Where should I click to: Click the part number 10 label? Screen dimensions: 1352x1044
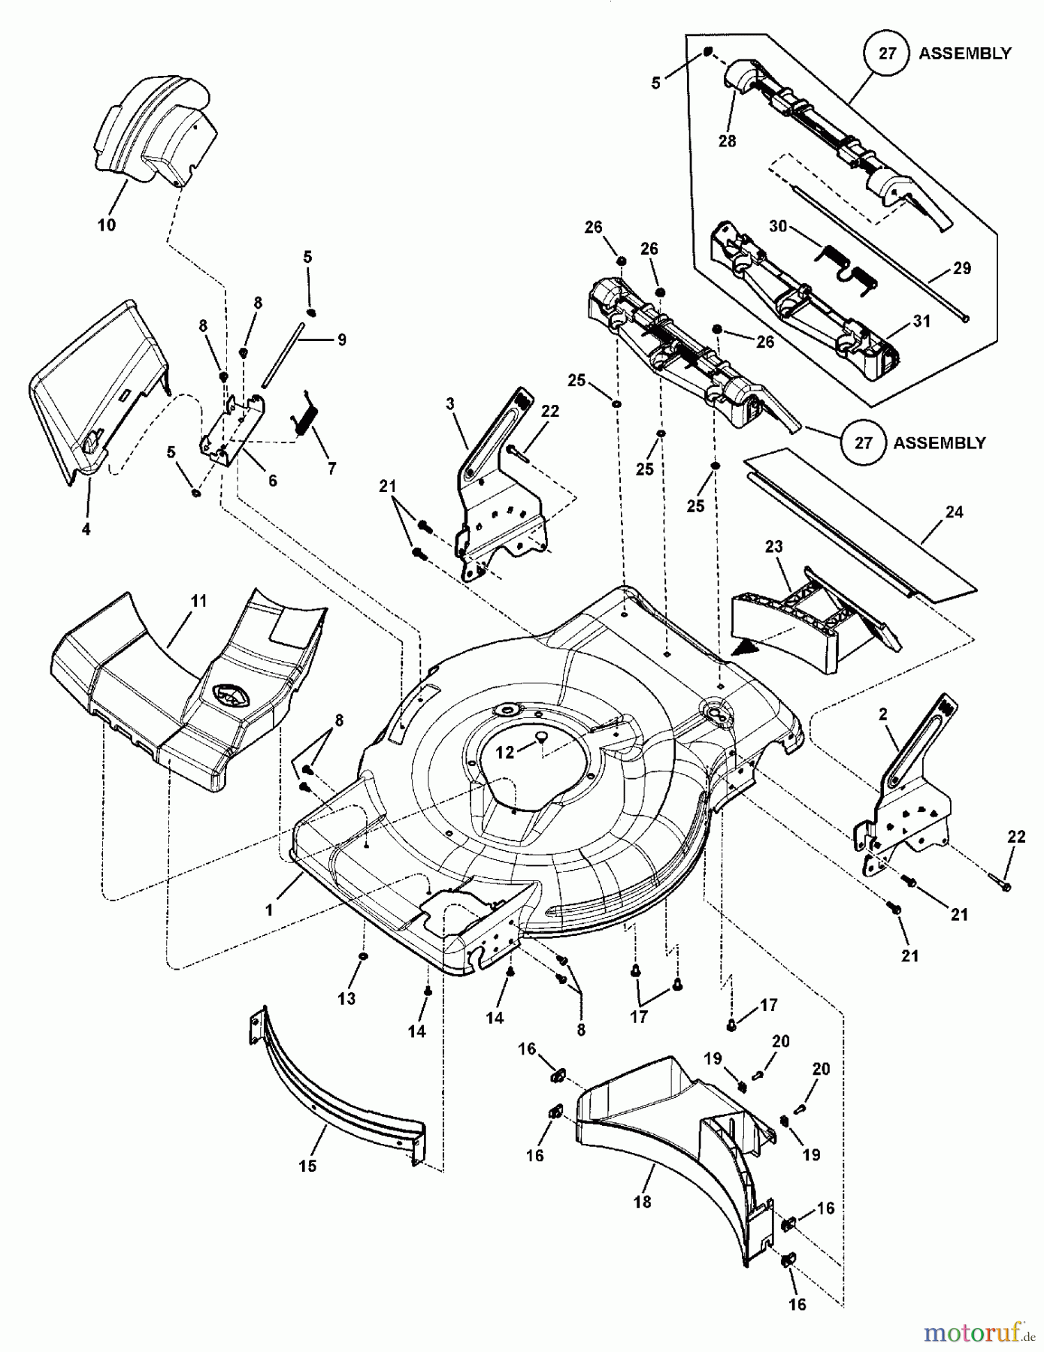(107, 225)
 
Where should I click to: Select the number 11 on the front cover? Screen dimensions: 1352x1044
(198, 602)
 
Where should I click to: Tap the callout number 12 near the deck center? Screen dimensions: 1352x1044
(505, 752)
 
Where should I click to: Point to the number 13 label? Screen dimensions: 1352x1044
(346, 998)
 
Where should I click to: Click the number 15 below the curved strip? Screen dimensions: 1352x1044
(307, 1166)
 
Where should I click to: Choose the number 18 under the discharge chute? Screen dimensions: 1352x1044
(642, 1202)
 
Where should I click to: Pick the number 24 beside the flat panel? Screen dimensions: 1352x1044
(954, 512)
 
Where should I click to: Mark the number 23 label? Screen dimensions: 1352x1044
(773, 547)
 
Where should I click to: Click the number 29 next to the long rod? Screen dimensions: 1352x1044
(962, 268)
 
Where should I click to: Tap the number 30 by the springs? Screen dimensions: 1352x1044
(778, 225)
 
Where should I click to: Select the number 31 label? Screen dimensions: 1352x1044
(921, 321)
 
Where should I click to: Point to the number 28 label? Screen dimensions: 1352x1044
(727, 140)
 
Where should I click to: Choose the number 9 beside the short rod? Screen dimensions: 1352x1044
(342, 340)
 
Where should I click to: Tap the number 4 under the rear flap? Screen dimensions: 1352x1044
(86, 529)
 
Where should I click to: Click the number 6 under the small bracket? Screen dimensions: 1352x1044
(272, 480)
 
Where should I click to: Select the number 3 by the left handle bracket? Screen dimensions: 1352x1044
(450, 404)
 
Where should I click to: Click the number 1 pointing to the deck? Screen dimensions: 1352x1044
(268, 910)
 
